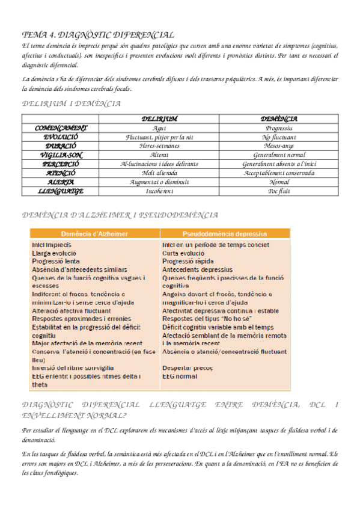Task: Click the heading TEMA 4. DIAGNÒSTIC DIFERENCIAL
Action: click(x=98, y=35)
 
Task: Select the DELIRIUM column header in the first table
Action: click(x=159, y=119)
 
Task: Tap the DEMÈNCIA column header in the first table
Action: click(x=279, y=119)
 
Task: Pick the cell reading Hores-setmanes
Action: click(x=159, y=146)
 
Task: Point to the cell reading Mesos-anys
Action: click(x=279, y=146)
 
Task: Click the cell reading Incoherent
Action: click(x=159, y=191)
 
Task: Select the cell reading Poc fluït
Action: click(x=279, y=191)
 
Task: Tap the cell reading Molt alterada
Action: click(x=159, y=173)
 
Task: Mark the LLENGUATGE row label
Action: click(x=61, y=191)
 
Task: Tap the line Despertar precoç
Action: click(x=188, y=367)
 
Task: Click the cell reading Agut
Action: click(x=159, y=128)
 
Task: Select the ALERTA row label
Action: click(x=61, y=182)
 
